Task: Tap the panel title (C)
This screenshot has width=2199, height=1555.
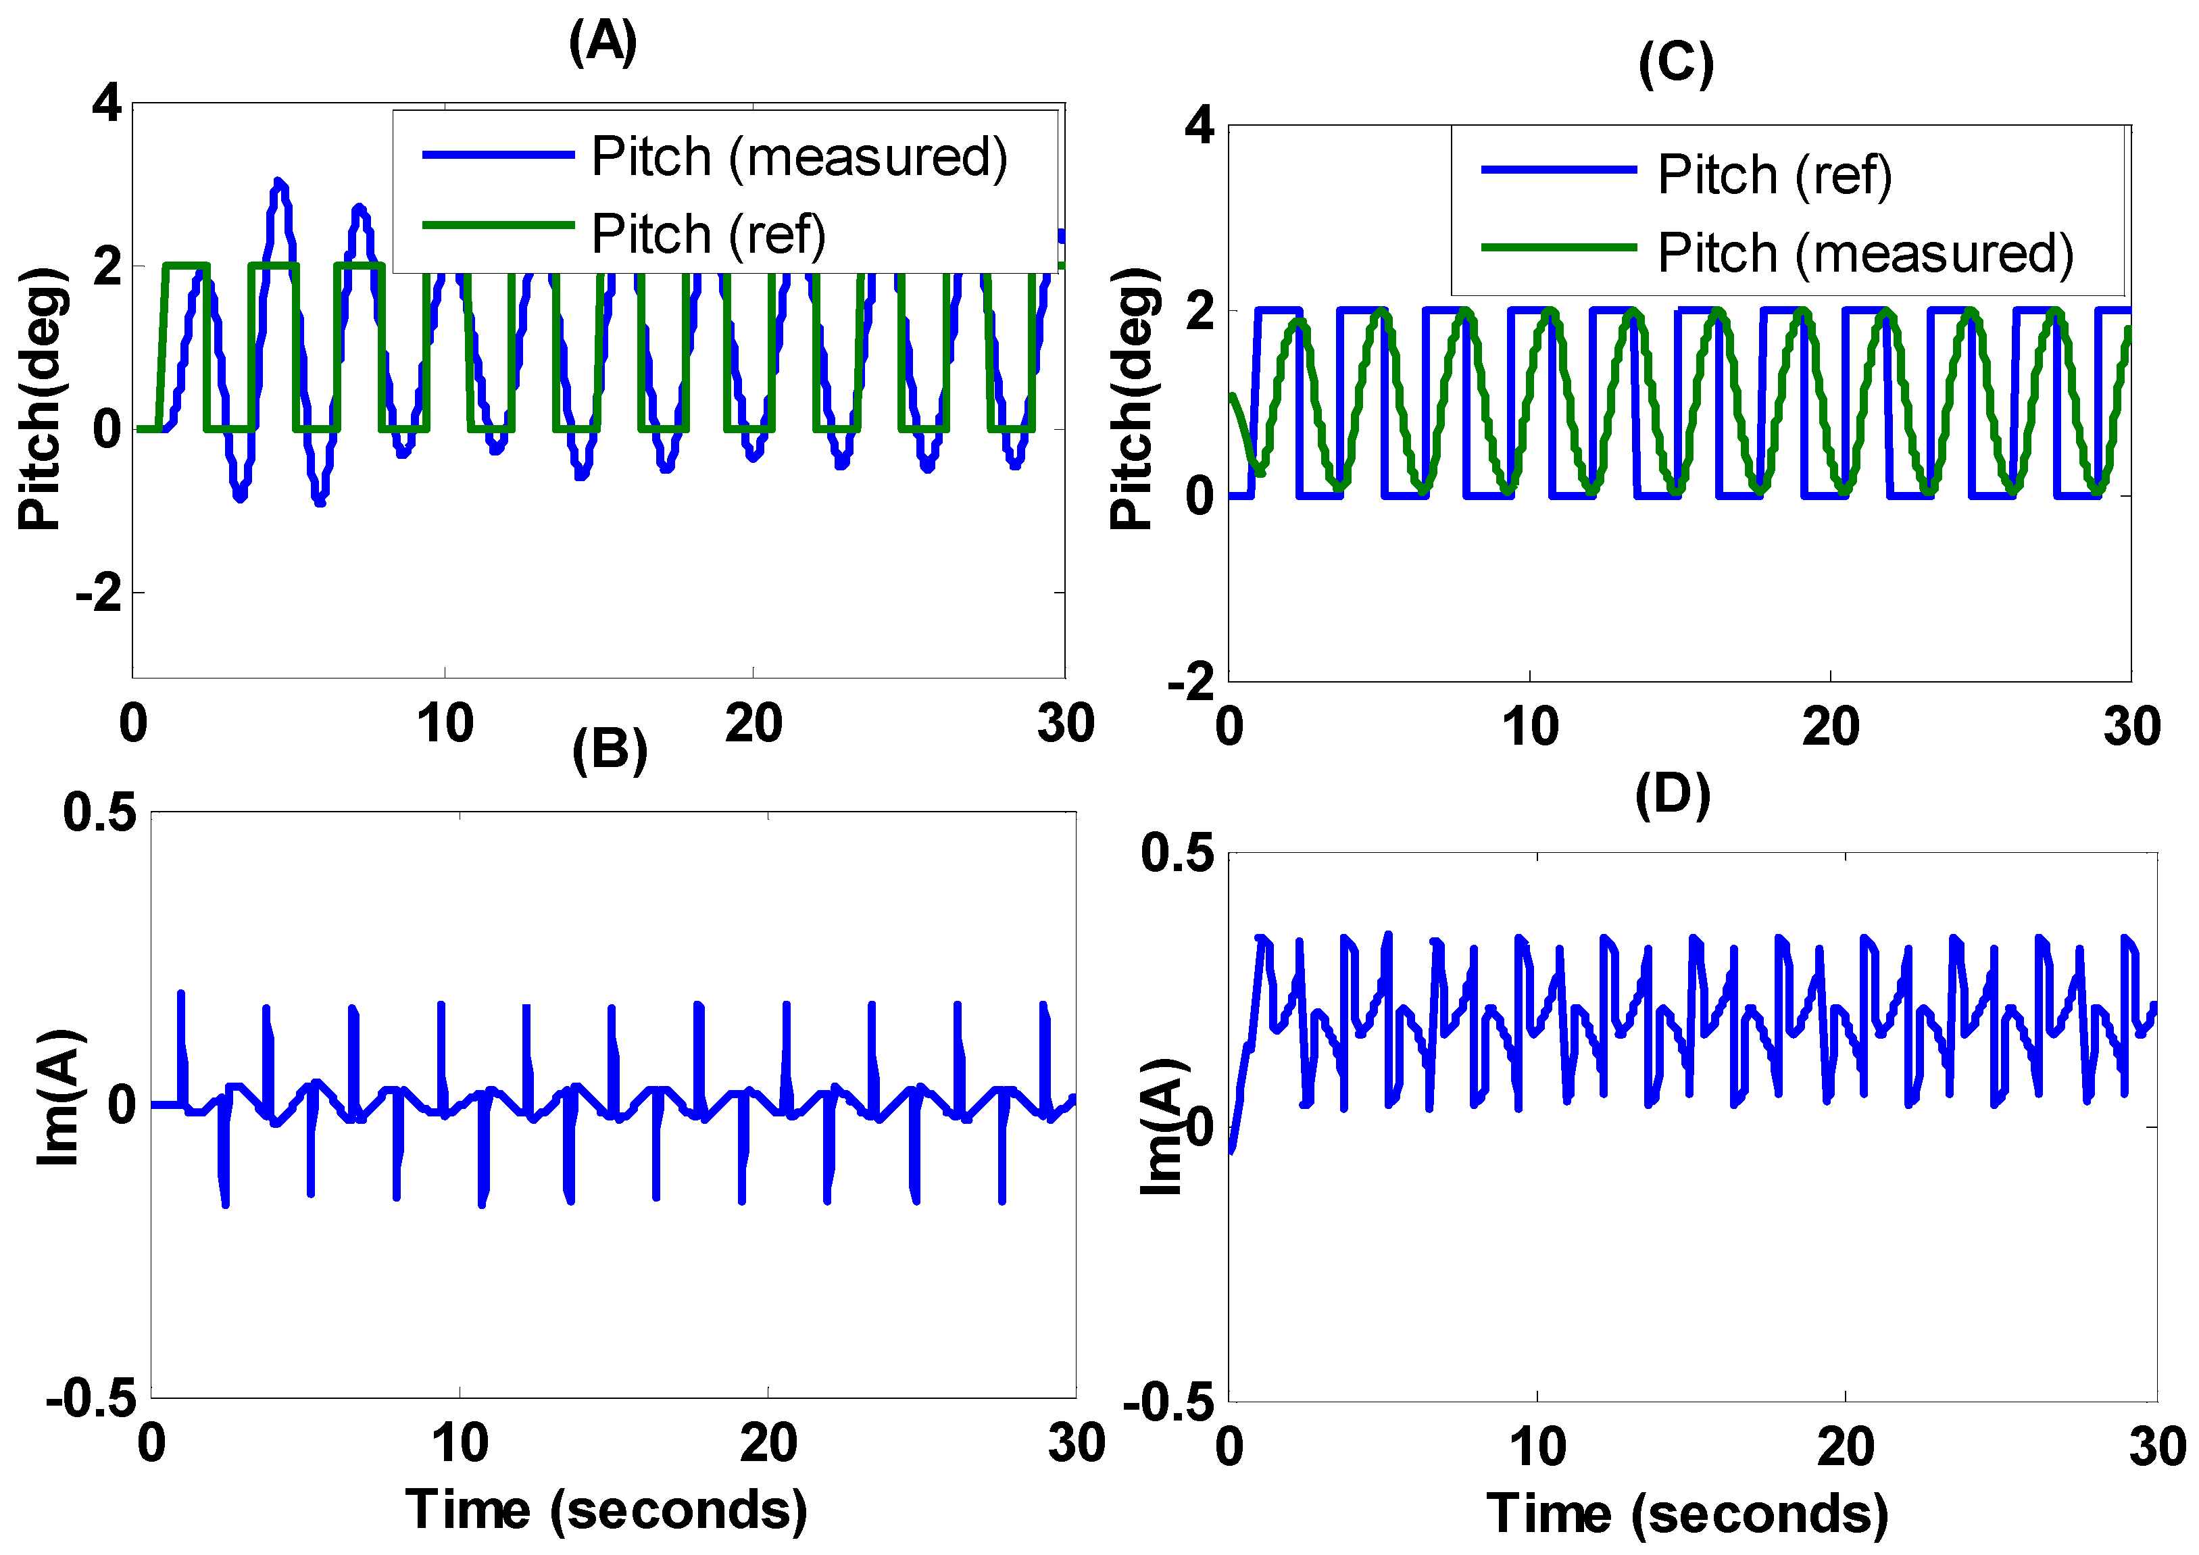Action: (x=1676, y=64)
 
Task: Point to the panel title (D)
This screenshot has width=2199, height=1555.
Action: (x=1673, y=795)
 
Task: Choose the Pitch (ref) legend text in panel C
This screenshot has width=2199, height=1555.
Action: (x=1774, y=174)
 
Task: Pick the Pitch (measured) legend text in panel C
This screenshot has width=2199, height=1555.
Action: (x=1864, y=253)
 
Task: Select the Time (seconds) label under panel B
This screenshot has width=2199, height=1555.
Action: (x=606, y=1510)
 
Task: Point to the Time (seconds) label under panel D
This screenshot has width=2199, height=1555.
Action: (x=1687, y=1514)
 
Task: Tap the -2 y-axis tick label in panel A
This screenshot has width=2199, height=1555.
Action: (x=99, y=593)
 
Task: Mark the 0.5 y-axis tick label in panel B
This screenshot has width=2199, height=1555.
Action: (x=99, y=813)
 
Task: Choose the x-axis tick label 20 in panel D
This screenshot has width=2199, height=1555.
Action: (x=1845, y=1448)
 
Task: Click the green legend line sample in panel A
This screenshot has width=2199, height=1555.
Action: (x=498, y=225)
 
